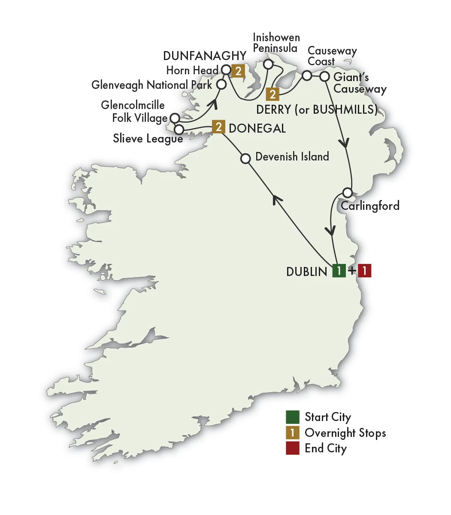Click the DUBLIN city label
click(306, 272)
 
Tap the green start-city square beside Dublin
click(339, 271)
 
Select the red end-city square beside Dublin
click(364, 271)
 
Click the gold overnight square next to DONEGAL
click(218, 127)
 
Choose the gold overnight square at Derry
click(272, 94)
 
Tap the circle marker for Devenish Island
click(245, 158)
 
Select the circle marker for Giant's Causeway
click(325, 76)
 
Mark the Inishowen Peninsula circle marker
click(268, 64)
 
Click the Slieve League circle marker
click(179, 129)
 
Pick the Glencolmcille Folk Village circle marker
click(175, 118)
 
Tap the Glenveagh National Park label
click(151, 85)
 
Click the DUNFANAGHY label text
click(205, 56)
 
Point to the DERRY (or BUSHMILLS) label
click(317, 109)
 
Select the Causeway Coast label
click(332, 56)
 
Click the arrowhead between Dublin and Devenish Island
click(278, 198)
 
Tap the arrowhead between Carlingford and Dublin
click(330, 230)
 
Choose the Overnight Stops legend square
click(293, 433)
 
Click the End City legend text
click(325, 448)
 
